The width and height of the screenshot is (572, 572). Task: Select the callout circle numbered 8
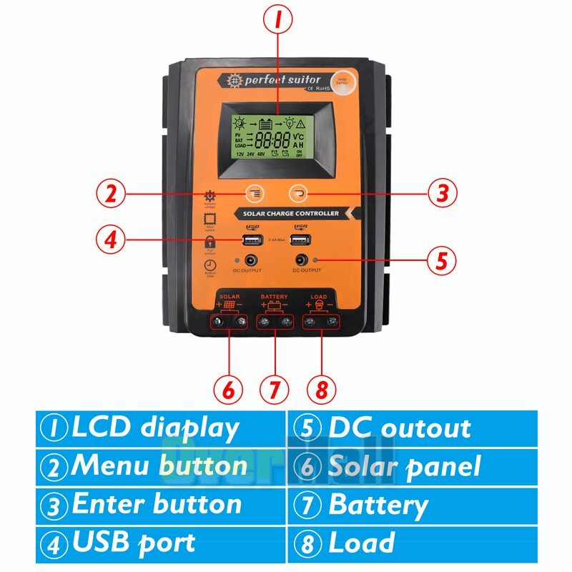pos(322,389)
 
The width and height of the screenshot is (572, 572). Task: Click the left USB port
pos(252,240)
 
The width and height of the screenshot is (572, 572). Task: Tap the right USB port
pos(300,240)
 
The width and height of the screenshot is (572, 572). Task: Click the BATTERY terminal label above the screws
pos(275,296)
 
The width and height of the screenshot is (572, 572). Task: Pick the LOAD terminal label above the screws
pos(320,296)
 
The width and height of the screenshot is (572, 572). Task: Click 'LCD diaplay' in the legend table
pos(154,428)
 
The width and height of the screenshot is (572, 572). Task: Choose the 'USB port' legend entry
pos(133,543)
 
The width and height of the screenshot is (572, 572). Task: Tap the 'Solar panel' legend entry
pos(403,467)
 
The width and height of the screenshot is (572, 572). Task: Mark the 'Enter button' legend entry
pos(156,505)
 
